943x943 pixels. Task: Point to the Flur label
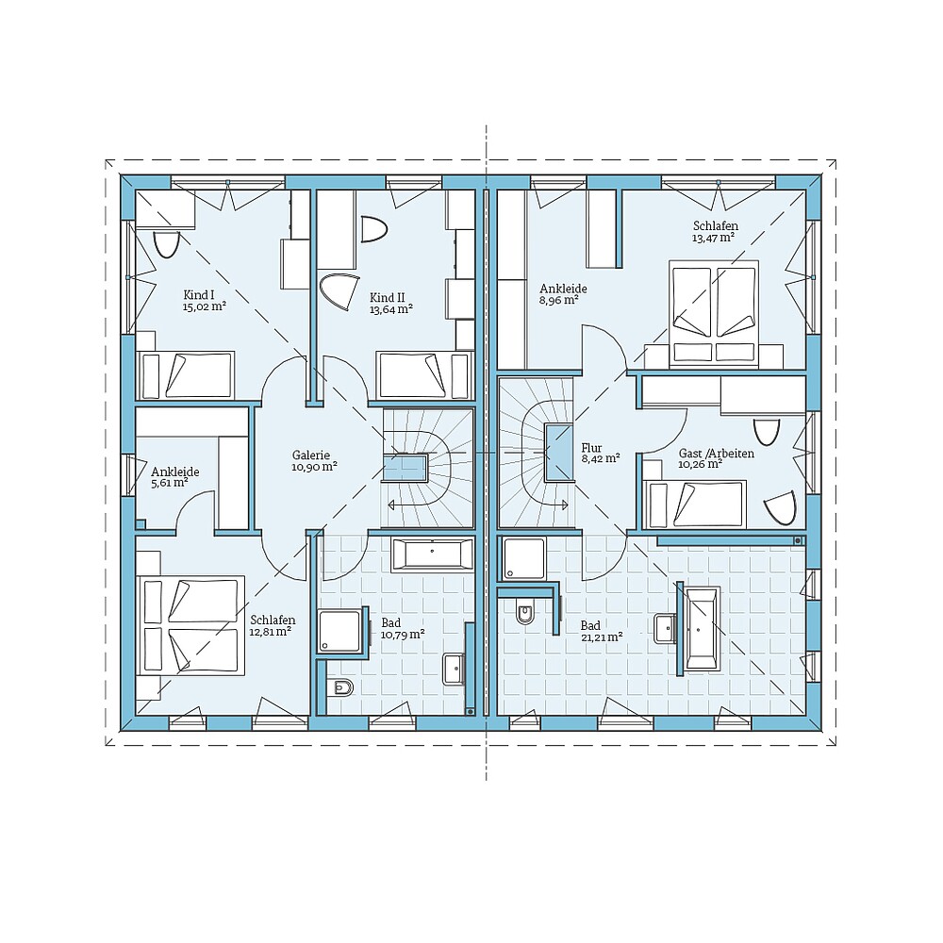point(592,448)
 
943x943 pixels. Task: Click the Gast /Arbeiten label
point(716,454)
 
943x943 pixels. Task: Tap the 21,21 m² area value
point(601,637)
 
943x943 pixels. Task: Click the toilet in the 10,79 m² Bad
point(341,687)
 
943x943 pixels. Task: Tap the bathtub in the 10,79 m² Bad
point(432,554)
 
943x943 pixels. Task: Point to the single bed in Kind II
point(422,375)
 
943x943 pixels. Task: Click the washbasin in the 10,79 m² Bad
point(455,668)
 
